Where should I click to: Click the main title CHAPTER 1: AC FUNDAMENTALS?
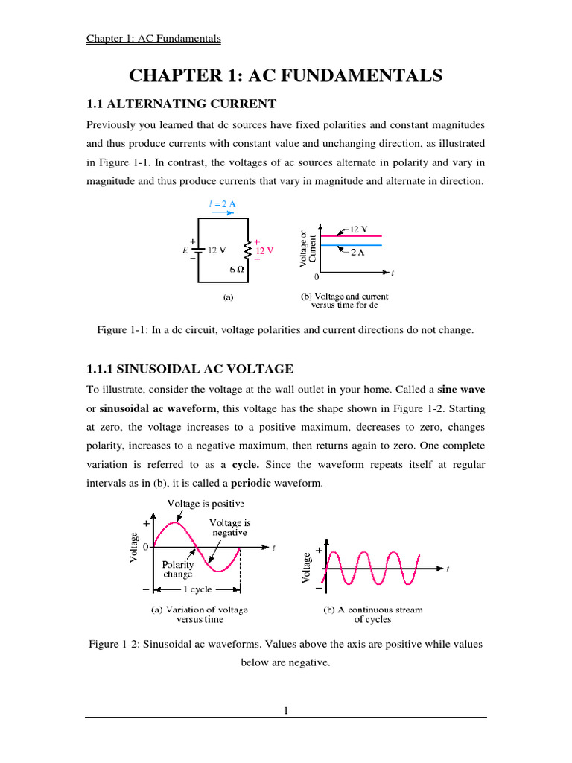286,75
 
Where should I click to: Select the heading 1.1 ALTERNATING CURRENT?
182,104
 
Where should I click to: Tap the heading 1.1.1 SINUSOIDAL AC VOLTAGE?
191,369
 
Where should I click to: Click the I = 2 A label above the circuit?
223,202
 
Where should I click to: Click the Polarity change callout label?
177,570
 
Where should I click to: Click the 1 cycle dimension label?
197,589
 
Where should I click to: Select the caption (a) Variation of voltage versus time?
200,614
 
